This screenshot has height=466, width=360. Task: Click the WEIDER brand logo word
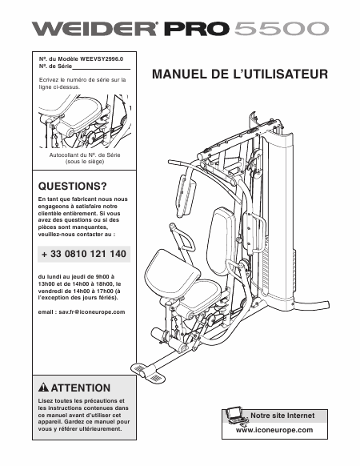click(x=94, y=29)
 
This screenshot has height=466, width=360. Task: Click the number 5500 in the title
click(x=282, y=29)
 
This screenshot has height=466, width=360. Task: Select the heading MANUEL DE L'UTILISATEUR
click(x=240, y=74)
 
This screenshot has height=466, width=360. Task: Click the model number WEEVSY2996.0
click(x=102, y=58)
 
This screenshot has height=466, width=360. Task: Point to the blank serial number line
click(x=102, y=69)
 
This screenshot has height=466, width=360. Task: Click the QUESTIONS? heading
click(x=72, y=187)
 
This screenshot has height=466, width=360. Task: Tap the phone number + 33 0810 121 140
click(x=84, y=254)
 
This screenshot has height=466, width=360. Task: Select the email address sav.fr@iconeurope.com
click(x=92, y=312)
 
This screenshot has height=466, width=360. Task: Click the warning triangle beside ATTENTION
click(x=44, y=388)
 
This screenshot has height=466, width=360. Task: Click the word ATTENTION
click(x=81, y=388)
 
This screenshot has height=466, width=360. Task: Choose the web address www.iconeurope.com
click(x=274, y=430)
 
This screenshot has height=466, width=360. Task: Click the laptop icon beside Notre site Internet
click(x=235, y=416)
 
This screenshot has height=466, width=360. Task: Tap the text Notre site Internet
click(x=282, y=416)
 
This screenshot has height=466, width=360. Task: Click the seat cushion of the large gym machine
click(x=172, y=272)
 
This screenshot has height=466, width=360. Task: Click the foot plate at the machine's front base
click(x=144, y=371)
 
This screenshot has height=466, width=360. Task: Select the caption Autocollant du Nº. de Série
click(x=85, y=155)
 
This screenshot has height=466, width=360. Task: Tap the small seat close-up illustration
click(x=85, y=121)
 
